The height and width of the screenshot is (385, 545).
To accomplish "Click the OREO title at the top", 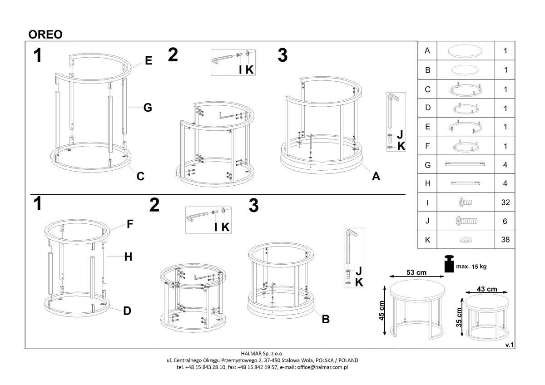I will (x=45, y=35).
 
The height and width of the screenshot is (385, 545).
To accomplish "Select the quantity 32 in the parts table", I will (x=505, y=202).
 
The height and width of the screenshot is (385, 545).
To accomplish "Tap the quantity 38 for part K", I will (x=505, y=240).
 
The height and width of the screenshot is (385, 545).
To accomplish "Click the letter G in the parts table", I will (x=427, y=165).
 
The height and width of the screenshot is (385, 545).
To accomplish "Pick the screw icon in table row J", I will (x=466, y=221).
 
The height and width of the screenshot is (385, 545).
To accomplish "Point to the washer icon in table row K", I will (x=466, y=240).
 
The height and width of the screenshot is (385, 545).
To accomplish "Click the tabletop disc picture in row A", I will (x=466, y=51).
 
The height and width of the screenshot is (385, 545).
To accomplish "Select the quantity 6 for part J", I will (x=505, y=221).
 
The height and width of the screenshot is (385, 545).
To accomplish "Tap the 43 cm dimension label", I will (x=487, y=289).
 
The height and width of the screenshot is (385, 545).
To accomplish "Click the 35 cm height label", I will (x=459, y=317).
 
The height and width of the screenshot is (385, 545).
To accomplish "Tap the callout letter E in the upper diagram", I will (x=149, y=61).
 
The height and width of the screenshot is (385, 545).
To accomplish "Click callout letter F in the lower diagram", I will (x=130, y=224).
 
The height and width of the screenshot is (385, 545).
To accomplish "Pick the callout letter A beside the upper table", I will (x=376, y=177).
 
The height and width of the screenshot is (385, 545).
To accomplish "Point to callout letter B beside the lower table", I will (x=325, y=319).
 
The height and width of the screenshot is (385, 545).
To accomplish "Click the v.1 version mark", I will (x=509, y=345).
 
